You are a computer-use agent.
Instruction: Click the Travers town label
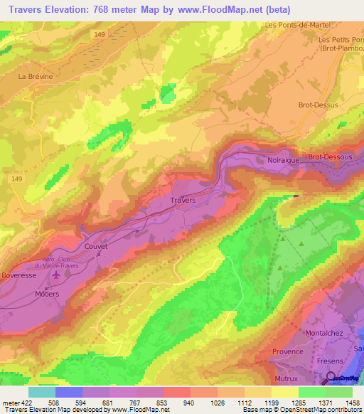[182, 201]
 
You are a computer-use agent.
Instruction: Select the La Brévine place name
[36, 75]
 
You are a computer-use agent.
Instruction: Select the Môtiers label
[45, 293]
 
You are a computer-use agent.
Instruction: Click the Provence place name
[288, 351]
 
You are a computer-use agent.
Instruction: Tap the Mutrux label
[285, 371]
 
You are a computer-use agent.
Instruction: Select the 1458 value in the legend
[350, 403]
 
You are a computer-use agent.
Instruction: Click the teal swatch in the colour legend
[41, 392]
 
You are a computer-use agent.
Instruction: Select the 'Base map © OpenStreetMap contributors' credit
[301, 410]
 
